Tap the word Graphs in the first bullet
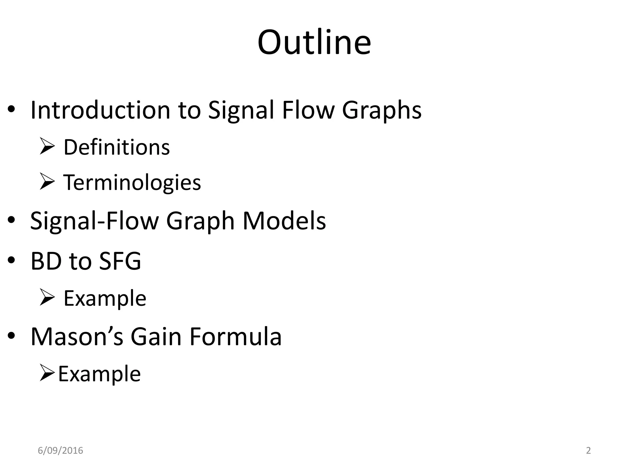coord(381,111)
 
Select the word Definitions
coord(116,147)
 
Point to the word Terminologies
coord(132,183)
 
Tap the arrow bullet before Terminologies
coord(47,182)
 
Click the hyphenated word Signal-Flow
coord(94,221)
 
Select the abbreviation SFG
coord(120,261)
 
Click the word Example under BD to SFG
coord(105,298)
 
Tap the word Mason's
coord(77,336)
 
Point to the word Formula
coord(236,336)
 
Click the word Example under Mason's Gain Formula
coord(99,374)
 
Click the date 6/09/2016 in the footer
coord(60,450)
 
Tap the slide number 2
coord(588,450)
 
